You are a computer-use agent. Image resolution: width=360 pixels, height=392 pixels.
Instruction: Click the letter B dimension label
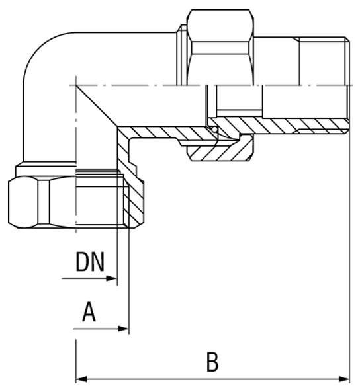(x=212, y=362)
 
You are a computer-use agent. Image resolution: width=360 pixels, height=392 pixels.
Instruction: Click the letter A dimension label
(x=89, y=312)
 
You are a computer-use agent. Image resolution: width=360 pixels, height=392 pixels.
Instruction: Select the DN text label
(x=90, y=262)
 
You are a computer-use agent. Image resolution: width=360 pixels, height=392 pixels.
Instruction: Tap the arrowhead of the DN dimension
(x=112, y=278)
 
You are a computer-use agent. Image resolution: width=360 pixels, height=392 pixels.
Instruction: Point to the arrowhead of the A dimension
(x=123, y=329)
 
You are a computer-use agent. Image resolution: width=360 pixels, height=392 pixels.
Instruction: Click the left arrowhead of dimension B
(x=81, y=379)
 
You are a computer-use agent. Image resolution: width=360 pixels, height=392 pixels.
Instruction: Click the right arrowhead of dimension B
(x=344, y=379)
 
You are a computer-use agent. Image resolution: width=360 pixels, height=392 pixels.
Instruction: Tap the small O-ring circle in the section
(x=214, y=130)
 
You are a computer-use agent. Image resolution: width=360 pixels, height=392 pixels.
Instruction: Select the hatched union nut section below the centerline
(x=220, y=149)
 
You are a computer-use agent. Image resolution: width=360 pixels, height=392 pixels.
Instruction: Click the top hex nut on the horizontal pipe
(x=220, y=48)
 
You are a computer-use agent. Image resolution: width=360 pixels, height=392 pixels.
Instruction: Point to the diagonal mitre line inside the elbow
(x=97, y=106)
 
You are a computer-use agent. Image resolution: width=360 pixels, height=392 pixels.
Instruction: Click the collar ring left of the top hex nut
(x=182, y=55)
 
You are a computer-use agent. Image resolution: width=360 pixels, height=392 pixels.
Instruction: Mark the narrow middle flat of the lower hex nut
(x=44, y=202)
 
